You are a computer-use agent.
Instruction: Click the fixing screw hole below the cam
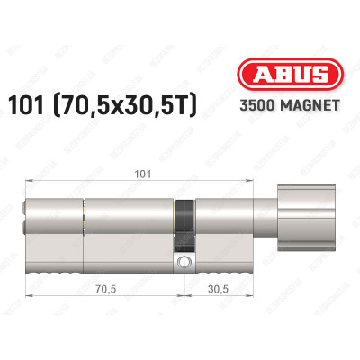184,263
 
